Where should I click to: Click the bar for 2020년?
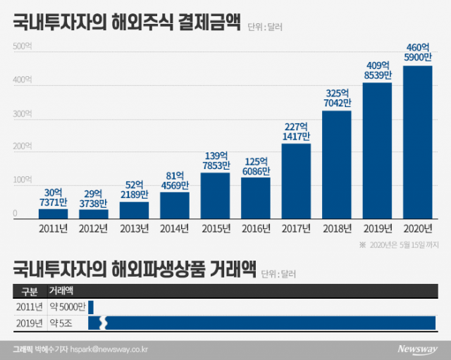pos(417,142)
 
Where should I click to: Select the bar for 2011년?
pos(54,213)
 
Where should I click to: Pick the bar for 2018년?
pos(336,164)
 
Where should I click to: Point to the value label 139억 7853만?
pos(215,161)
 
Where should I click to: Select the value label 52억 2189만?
pos(134,190)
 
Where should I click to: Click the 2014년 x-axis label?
pos(175,228)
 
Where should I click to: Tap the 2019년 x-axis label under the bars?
pos(377,228)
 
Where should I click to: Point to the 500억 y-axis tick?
pos(22,46)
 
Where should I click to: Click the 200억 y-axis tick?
pos(22,147)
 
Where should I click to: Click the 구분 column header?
pos(30,290)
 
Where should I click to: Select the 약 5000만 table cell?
pos(66,306)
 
